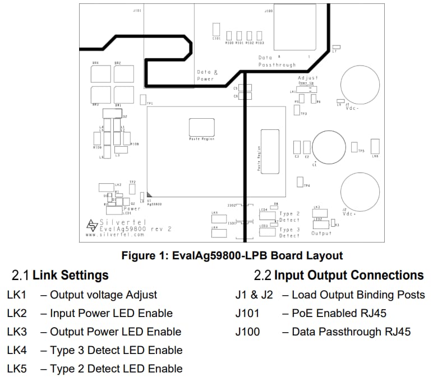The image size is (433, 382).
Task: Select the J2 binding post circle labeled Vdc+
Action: pos(358,191)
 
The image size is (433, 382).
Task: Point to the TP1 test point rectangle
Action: pos(142,99)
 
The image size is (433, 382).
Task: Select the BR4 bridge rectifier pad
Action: pos(99,74)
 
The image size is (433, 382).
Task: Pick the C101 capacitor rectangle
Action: pos(215,30)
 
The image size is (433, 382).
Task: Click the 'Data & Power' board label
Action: pos(207,76)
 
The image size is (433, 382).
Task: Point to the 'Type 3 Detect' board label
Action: pos(289,232)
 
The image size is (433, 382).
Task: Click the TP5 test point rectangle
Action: pos(354,147)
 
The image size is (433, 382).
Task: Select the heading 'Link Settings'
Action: pos(71,276)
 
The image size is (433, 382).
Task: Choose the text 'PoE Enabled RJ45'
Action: pos(339,313)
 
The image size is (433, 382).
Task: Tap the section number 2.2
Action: pos(262,276)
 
